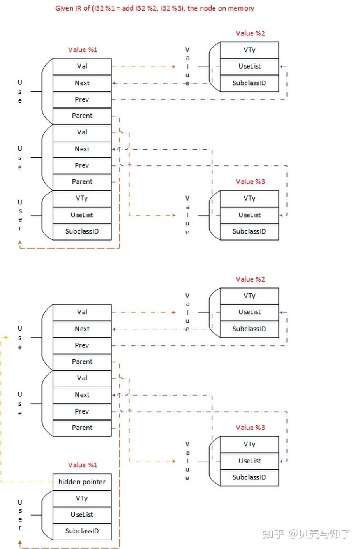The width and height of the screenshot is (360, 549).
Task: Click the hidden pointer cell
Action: (82, 482)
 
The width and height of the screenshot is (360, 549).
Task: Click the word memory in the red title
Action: (241, 8)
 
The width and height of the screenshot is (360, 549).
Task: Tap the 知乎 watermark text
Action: (273, 534)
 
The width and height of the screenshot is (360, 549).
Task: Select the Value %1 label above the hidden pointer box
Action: (82, 465)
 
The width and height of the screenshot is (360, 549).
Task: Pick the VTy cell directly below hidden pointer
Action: (82, 498)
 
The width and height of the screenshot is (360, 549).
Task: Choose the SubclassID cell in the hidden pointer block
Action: (82, 531)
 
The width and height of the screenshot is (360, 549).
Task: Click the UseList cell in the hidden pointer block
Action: (82, 515)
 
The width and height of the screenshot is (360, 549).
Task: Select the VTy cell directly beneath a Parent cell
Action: (82, 198)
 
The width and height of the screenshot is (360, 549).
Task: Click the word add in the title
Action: (128, 8)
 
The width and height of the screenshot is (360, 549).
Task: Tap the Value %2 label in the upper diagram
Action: (250, 33)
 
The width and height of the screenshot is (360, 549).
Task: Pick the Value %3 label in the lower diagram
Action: (250, 428)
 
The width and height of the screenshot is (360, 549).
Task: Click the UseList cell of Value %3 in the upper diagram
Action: (249, 215)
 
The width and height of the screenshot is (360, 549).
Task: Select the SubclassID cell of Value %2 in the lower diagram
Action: (249, 329)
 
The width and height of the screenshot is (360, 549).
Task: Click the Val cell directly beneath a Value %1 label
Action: (82, 66)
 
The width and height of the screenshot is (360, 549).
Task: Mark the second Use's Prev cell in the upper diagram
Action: (82, 165)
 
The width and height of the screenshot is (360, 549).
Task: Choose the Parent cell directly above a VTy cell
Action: (82, 182)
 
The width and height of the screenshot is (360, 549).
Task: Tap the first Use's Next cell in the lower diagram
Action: (82, 329)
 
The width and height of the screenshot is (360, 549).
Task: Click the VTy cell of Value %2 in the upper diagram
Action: (249, 50)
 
